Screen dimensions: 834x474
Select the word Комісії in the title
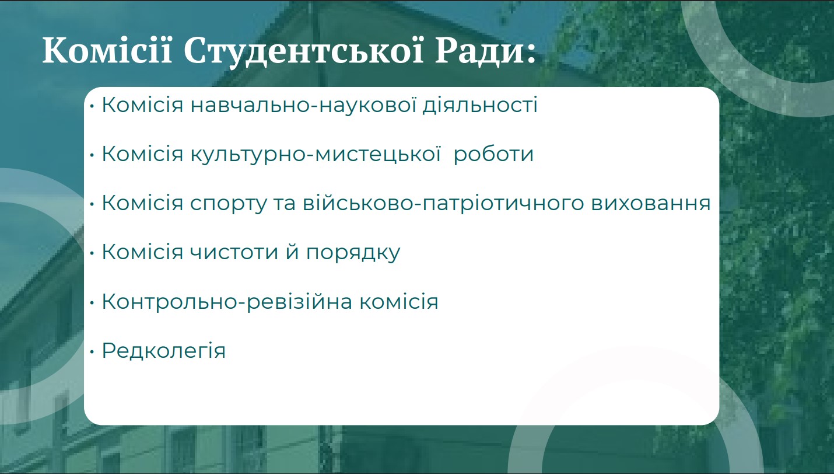[107, 50]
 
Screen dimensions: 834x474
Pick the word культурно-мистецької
[316, 154]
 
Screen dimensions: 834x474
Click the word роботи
[493, 154]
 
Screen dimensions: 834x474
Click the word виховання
[651, 204]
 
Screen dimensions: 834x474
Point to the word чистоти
[234, 252]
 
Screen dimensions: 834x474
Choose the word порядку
[353, 253]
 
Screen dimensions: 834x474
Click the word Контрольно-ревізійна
[227, 301]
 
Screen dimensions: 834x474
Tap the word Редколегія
[164, 351]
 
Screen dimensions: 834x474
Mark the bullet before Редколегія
[92, 351]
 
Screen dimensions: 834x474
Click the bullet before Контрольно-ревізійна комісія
[92, 302]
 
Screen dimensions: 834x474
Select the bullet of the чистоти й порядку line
[92, 253]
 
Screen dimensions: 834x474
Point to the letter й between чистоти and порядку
[292, 252]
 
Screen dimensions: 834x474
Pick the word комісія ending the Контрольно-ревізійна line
[399, 301]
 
